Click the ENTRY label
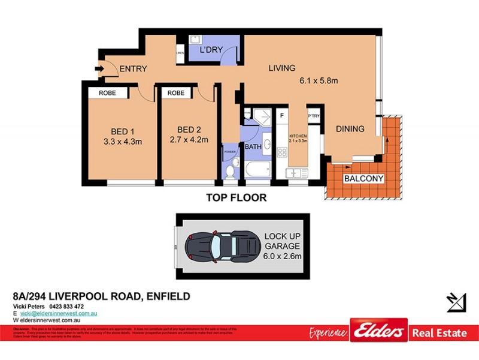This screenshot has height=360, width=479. pyautogui.click(x=133, y=69)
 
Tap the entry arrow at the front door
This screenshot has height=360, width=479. pyautogui.click(x=99, y=69)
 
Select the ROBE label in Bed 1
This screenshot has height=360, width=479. pyautogui.click(x=108, y=93)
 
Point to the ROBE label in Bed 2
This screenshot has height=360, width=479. pyautogui.click(x=176, y=93)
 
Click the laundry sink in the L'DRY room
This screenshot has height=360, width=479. pyautogui.click(x=195, y=40)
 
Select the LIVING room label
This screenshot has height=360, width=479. pyautogui.click(x=282, y=68)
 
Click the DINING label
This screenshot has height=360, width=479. pyautogui.click(x=350, y=128)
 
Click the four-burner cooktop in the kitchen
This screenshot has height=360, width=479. pyautogui.click(x=281, y=151)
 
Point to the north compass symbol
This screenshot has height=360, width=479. pyautogui.click(x=456, y=302)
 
